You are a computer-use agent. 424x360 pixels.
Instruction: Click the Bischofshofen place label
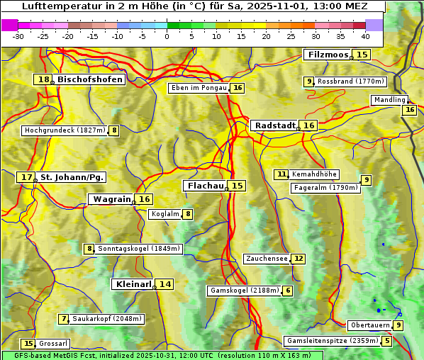90,80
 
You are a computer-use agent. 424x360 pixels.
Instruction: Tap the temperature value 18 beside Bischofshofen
43,80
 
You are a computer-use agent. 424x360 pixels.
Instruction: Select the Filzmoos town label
328,55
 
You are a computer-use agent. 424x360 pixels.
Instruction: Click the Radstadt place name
275,125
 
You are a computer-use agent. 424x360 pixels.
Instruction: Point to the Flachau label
205,186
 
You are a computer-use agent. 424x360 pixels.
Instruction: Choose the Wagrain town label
112,199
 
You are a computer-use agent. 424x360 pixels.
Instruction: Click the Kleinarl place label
133,284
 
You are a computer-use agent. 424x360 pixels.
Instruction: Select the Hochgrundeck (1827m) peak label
65,130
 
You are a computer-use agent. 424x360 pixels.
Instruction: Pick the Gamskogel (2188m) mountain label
244,291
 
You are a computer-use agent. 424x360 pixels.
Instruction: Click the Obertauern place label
371,325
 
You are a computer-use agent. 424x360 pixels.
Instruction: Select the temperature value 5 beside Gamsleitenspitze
386,341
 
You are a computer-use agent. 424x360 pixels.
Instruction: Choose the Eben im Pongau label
199,88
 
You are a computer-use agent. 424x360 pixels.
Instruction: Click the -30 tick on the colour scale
18,36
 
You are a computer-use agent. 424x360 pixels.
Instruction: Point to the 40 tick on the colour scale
365,36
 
